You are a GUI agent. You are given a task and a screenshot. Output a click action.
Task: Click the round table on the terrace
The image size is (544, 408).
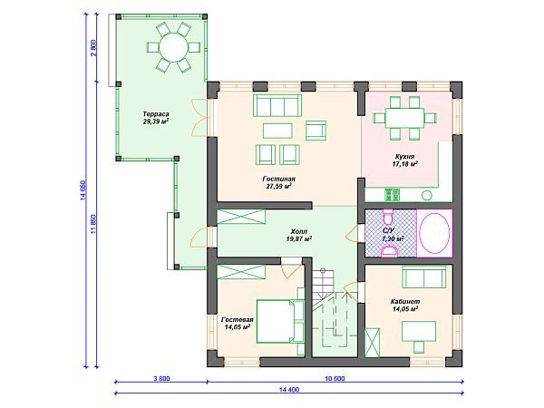click(173, 47)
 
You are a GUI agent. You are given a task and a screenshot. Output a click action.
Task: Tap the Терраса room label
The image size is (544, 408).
click(156, 114)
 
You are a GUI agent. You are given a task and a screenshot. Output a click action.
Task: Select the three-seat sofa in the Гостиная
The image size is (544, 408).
click(277, 105)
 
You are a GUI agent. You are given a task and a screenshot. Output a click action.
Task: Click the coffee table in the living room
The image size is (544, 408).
click(277, 131)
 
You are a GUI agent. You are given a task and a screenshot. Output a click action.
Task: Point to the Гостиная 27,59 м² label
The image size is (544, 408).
click(278, 182)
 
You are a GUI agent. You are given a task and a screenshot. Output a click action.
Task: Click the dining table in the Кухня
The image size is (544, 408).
click(405, 118)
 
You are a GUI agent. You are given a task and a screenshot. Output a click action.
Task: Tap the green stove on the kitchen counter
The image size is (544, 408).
click(392, 195)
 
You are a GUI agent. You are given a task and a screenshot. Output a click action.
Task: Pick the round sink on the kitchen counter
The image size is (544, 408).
click(427, 195)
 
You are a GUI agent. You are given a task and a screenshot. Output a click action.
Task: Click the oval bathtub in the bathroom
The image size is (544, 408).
click(434, 233)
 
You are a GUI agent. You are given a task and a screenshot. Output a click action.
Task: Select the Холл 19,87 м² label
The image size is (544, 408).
click(298, 235)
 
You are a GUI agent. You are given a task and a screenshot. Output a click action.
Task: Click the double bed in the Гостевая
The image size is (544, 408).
click(280, 321)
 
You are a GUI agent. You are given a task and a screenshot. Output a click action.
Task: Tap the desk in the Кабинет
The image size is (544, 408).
click(419, 331)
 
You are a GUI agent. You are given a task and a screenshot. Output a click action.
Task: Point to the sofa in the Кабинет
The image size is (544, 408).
click(424, 277)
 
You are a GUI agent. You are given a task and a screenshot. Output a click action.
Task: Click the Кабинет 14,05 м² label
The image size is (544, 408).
click(405, 306)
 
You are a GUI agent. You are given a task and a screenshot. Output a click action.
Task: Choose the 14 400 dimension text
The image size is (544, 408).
click(288, 390)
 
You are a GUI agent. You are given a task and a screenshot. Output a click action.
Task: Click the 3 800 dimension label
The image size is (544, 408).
click(161, 378)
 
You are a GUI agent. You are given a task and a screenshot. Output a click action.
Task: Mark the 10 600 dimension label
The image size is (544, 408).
click(335, 378)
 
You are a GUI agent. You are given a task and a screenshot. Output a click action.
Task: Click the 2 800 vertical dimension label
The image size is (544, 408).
click(93, 48)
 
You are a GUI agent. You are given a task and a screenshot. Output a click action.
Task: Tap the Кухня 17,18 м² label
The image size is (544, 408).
click(404, 160)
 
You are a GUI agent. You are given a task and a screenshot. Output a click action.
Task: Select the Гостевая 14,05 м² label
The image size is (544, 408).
click(238, 324)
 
